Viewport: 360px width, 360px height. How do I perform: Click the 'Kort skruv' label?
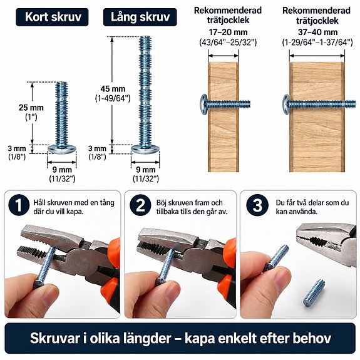52,17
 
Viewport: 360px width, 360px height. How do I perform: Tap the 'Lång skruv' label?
140,17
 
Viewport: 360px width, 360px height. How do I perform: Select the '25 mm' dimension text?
31,108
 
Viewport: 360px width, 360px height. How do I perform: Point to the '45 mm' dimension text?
113,89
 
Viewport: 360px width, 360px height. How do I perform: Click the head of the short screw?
62,149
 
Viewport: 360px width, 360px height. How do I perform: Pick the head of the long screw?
145,149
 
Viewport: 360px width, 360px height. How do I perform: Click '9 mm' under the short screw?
62,170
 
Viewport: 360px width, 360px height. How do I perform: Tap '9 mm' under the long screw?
145,170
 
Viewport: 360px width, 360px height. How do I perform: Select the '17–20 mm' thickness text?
228,32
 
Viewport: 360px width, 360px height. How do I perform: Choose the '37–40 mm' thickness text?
317,32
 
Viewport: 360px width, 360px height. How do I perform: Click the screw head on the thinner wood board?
203,104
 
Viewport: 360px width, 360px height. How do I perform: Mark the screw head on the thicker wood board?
286,104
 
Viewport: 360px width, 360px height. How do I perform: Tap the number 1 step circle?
19,205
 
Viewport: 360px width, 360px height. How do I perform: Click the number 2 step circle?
140,205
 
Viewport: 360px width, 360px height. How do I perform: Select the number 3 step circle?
257,205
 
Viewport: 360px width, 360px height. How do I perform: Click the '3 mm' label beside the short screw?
16,148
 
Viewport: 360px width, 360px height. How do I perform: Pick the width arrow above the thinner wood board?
223,56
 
